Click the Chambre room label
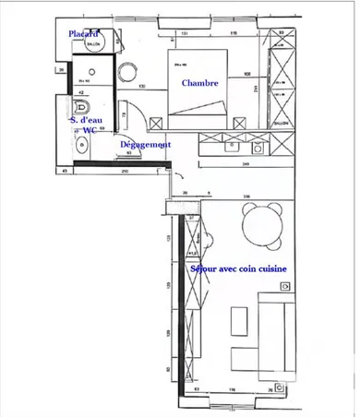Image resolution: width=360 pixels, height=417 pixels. pyautogui.click(x=200, y=83)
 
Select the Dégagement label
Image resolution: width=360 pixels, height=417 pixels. pyautogui.click(x=147, y=145)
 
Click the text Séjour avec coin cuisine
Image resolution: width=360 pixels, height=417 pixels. pyautogui.click(x=237, y=268)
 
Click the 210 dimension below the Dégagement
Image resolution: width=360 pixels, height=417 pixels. pyautogui.click(x=125, y=171)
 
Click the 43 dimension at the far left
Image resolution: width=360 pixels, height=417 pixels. pyautogui.click(x=66, y=171)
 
